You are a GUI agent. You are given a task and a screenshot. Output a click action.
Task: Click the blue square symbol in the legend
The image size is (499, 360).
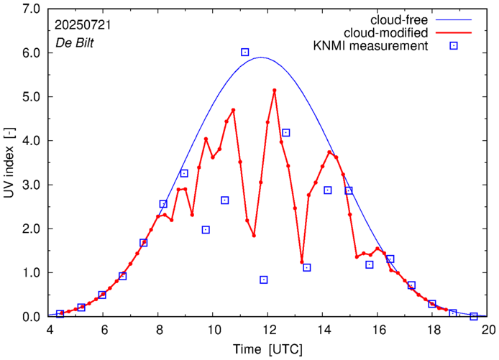(x=454, y=47)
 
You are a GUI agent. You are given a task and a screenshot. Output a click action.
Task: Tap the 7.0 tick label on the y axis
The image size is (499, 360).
(x=31, y=9)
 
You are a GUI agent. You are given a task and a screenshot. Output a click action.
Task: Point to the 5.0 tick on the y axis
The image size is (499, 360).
(x=31, y=97)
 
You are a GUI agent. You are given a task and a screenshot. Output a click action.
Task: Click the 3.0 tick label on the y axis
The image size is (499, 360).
(x=31, y=185)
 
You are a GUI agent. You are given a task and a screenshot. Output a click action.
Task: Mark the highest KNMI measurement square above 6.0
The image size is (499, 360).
(x=244, y=52)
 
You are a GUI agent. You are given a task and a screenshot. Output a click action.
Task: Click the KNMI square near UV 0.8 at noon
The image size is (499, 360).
(x=264, y=280)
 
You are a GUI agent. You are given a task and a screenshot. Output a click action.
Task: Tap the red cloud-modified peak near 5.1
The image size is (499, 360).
(x=275, y=91)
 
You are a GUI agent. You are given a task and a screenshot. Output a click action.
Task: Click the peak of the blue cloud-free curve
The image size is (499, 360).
(x=260, y=57)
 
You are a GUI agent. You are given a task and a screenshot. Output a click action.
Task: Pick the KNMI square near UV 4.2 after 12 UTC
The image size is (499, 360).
(x=285, y=133)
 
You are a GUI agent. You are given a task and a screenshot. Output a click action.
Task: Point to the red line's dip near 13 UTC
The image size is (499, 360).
(x=302, y=262)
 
